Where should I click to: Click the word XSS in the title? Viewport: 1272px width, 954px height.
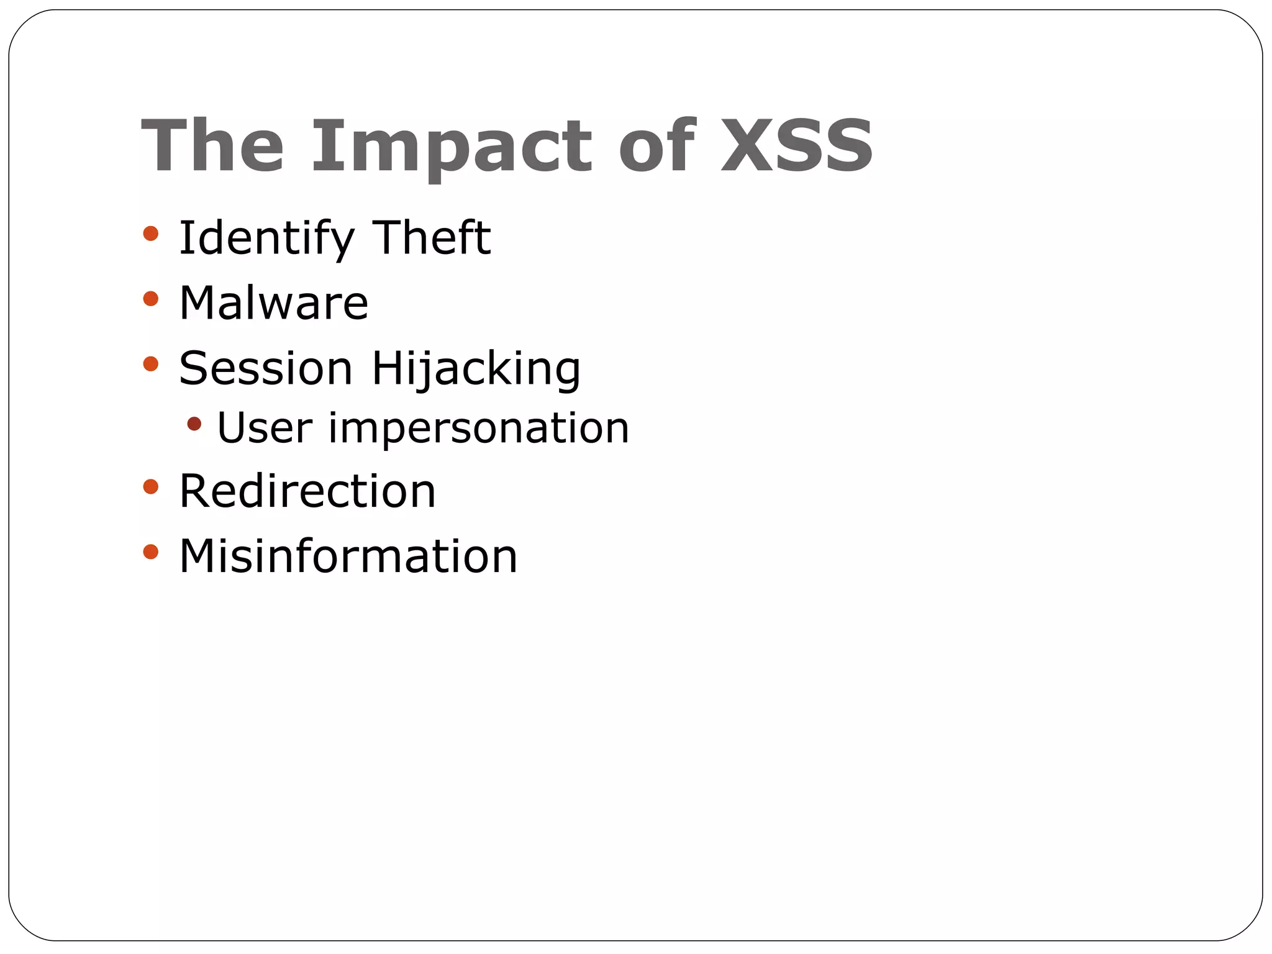(797, 146)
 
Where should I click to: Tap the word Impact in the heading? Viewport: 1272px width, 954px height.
(452, 147)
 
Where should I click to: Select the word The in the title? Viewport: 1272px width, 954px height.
(212, 146)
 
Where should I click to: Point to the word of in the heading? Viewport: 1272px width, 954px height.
(656, 146)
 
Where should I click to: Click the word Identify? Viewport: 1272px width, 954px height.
(266, 239)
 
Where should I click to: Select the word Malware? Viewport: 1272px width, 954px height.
(274, 303)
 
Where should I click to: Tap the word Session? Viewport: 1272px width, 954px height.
(266, 368)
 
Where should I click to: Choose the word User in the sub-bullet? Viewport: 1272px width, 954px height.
(265, 428)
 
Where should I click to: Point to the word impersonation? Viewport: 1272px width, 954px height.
(478, 430)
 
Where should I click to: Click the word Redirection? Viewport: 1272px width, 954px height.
(307, 491)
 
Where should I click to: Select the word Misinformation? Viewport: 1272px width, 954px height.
(348, 556)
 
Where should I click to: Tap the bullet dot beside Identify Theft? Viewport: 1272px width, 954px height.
(150, 234)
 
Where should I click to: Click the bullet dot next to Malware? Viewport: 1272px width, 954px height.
(150, 299)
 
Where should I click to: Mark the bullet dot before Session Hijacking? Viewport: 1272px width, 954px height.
(150, 363)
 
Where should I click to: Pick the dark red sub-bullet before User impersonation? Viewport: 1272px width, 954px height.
(194, 424)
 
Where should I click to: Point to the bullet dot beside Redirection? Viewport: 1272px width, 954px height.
(150, 486)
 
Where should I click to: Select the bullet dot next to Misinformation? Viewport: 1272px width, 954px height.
(150, 552)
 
